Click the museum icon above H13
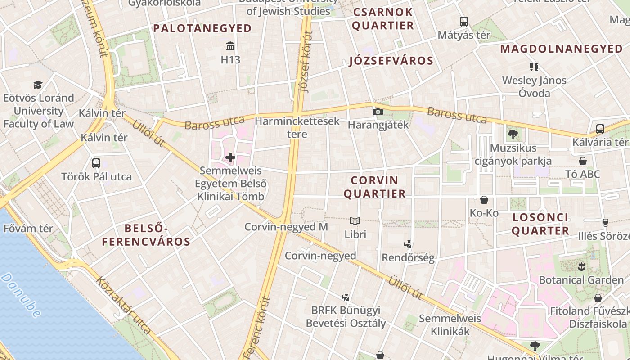pos(230,46)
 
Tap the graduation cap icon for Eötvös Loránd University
pos(38,85)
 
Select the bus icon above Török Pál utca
pos(96,163)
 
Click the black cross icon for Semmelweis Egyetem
pos(230,157)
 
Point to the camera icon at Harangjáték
pos(378,112)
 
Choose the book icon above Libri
pos(355,221)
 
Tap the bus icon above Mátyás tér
pos(463,21)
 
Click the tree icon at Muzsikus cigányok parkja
pos(513,134)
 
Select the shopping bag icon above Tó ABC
pos(583,161)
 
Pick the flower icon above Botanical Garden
pos(581,266)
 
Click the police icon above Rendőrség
pos(408,244)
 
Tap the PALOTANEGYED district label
pos(202,28)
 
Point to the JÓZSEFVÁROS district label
pos(391,61)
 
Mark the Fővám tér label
pos(28,228)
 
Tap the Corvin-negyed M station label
pos(286,227)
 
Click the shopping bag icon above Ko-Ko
pos(484,199)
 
